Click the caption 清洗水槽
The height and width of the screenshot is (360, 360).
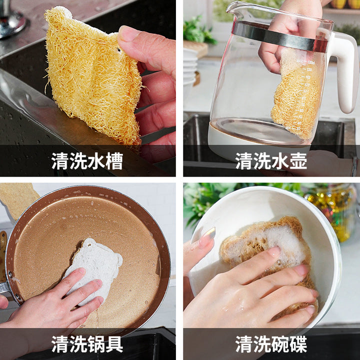pos(87,160)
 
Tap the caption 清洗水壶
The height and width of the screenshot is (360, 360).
pos(271,160)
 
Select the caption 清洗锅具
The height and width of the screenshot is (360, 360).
pos(87,343)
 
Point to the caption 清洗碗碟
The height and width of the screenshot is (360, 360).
pos(271,343)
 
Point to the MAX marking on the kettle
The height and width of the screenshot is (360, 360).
pos(299,61)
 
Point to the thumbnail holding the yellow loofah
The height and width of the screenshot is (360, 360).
pos(128,33)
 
